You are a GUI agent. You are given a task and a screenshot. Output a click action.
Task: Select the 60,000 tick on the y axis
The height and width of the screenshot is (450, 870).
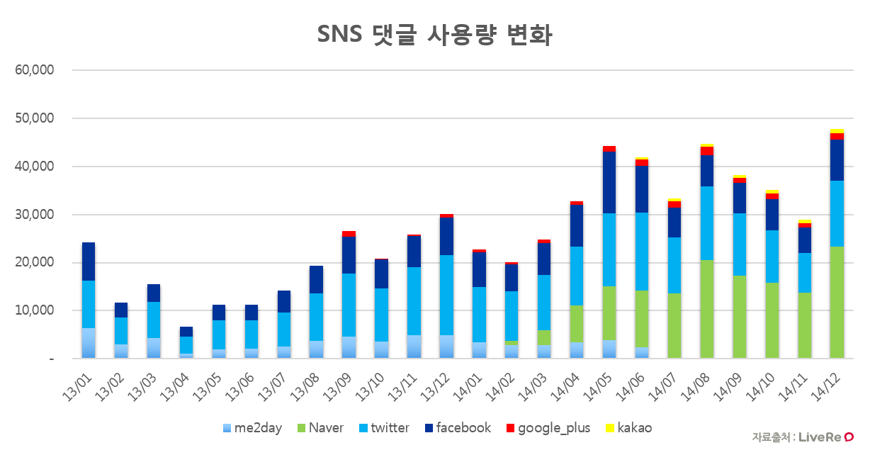pyautogui.click(x=35, y=70)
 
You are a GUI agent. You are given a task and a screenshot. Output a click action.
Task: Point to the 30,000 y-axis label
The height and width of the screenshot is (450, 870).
pyautogui.click(x=35, y=214)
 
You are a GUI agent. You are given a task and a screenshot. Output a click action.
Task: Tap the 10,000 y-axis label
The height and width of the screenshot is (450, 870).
pyautogui.click(x=35, y=310)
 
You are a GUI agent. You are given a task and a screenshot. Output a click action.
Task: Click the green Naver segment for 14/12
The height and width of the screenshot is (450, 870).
pyautogui.click(x=837, y=302)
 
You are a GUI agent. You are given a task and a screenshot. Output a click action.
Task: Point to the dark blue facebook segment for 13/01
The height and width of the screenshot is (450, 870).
pyautogui.click(x=89, y=261)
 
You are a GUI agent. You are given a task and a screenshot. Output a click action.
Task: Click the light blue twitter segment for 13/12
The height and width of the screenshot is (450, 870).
pyautogui.click(x=446, y=295)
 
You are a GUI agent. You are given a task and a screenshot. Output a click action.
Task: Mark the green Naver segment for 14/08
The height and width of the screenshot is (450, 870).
pyautogui.click(x=707, y=309)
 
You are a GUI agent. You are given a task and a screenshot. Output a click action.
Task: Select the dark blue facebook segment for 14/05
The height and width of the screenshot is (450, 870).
pyautogui.click(x=609, y=182)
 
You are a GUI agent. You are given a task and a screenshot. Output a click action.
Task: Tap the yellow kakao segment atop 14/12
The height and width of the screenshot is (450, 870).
pyautogui.click(x=837, y=131)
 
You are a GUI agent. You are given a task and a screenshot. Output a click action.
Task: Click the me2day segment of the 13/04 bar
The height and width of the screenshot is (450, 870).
pyautogui.click(x=186, y=356)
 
